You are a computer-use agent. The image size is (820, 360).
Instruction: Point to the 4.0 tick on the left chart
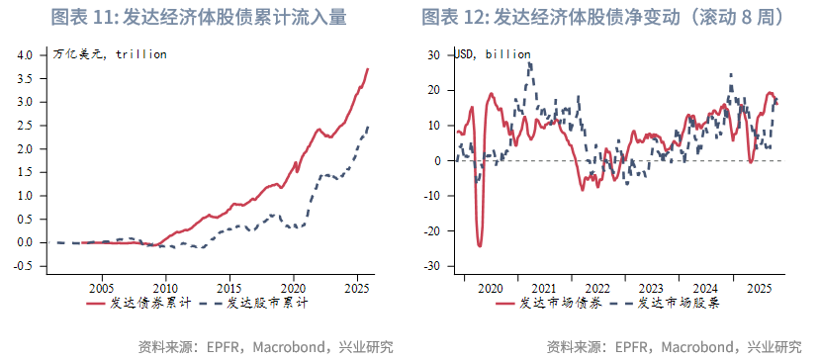tap(25, 54)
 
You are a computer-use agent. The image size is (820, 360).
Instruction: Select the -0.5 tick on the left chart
tap(23, 266)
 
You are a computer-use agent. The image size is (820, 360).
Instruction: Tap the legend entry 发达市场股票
tap(680, 305)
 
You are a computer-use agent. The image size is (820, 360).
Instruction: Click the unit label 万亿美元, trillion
tap(109, 54)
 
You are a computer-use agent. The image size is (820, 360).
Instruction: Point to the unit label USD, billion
tap(493, 54)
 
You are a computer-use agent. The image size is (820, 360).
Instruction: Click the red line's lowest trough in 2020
tap(480, 245)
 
